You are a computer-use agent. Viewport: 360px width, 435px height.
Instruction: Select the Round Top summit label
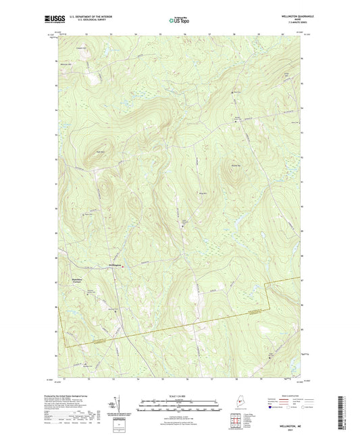click(236, 165)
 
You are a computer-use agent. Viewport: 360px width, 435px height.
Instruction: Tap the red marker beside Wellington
click(123, 266)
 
